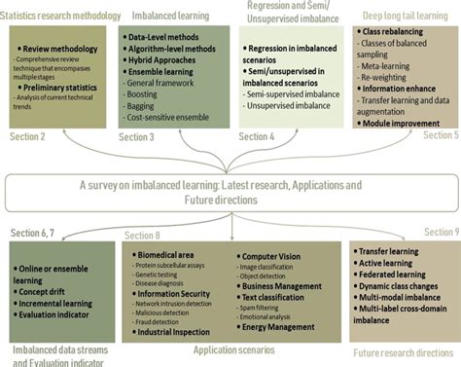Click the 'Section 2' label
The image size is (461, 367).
(28, 135)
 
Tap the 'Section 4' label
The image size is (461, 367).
(256, 137)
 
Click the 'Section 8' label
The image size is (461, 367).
(144, 236)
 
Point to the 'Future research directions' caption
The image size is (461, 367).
(405, 351)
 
